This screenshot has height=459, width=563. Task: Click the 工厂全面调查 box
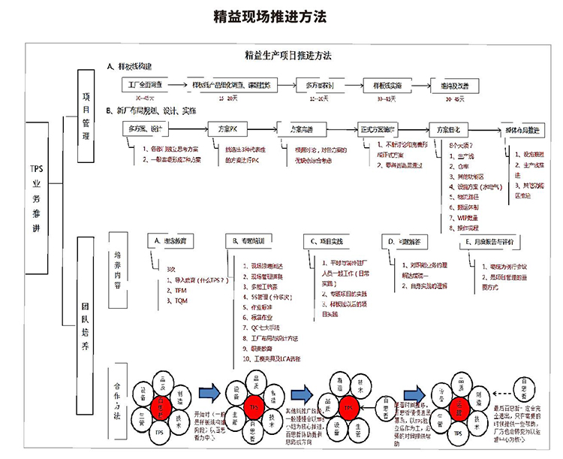tap(146, 85)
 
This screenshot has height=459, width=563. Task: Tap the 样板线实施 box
tap(387, 85)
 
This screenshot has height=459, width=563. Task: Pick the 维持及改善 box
tap(456, 85)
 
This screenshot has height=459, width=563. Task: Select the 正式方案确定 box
tap(382, 128)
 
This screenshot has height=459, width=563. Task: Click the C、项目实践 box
tap(330, 240)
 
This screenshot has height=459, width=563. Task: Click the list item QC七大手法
tap(259, 328)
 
